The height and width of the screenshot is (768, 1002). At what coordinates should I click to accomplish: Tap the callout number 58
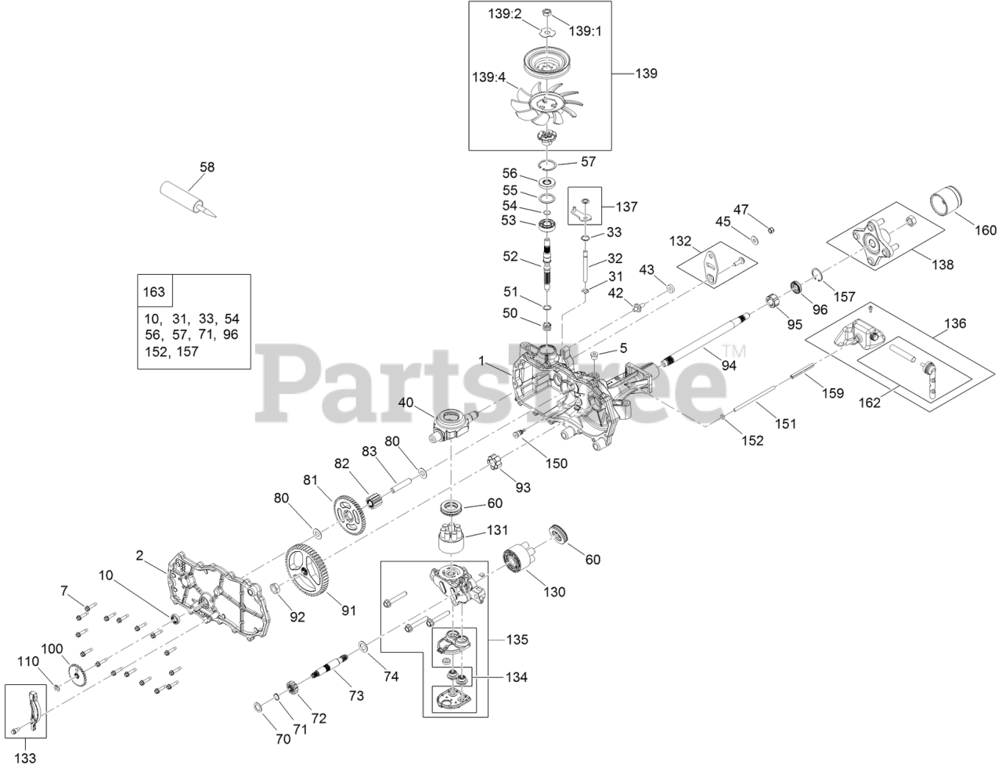[x=207, y=167]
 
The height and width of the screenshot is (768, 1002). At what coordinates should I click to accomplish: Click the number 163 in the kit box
[x=154, y=292]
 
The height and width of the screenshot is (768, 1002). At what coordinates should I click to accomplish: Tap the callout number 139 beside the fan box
[x=646, y=74]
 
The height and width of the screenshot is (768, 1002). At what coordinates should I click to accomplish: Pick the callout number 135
[x=517, y=640]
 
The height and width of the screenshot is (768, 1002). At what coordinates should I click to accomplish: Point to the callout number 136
[x=955, y=323]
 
